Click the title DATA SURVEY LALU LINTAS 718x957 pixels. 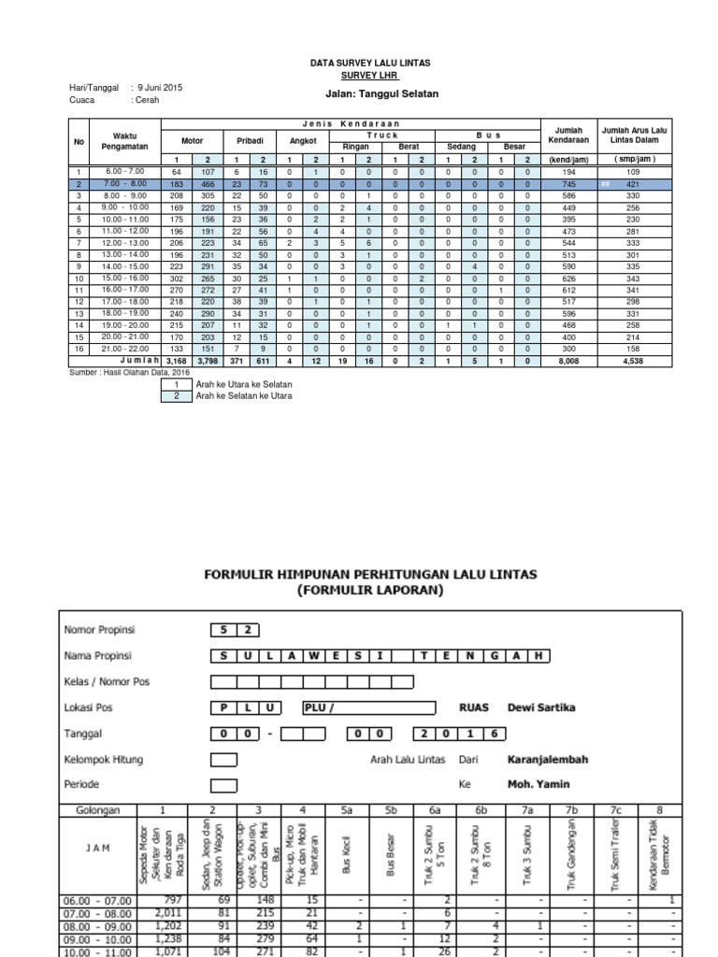376,63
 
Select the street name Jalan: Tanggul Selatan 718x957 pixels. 376,94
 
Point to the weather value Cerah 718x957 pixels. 148,99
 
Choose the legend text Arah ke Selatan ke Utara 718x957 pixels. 244,395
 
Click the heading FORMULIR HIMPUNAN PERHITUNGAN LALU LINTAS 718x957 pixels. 370,576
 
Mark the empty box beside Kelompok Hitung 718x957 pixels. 223,760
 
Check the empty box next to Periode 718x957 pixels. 223,785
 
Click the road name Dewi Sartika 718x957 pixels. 541,707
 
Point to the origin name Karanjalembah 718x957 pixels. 547,760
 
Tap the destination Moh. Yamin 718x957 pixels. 538,785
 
